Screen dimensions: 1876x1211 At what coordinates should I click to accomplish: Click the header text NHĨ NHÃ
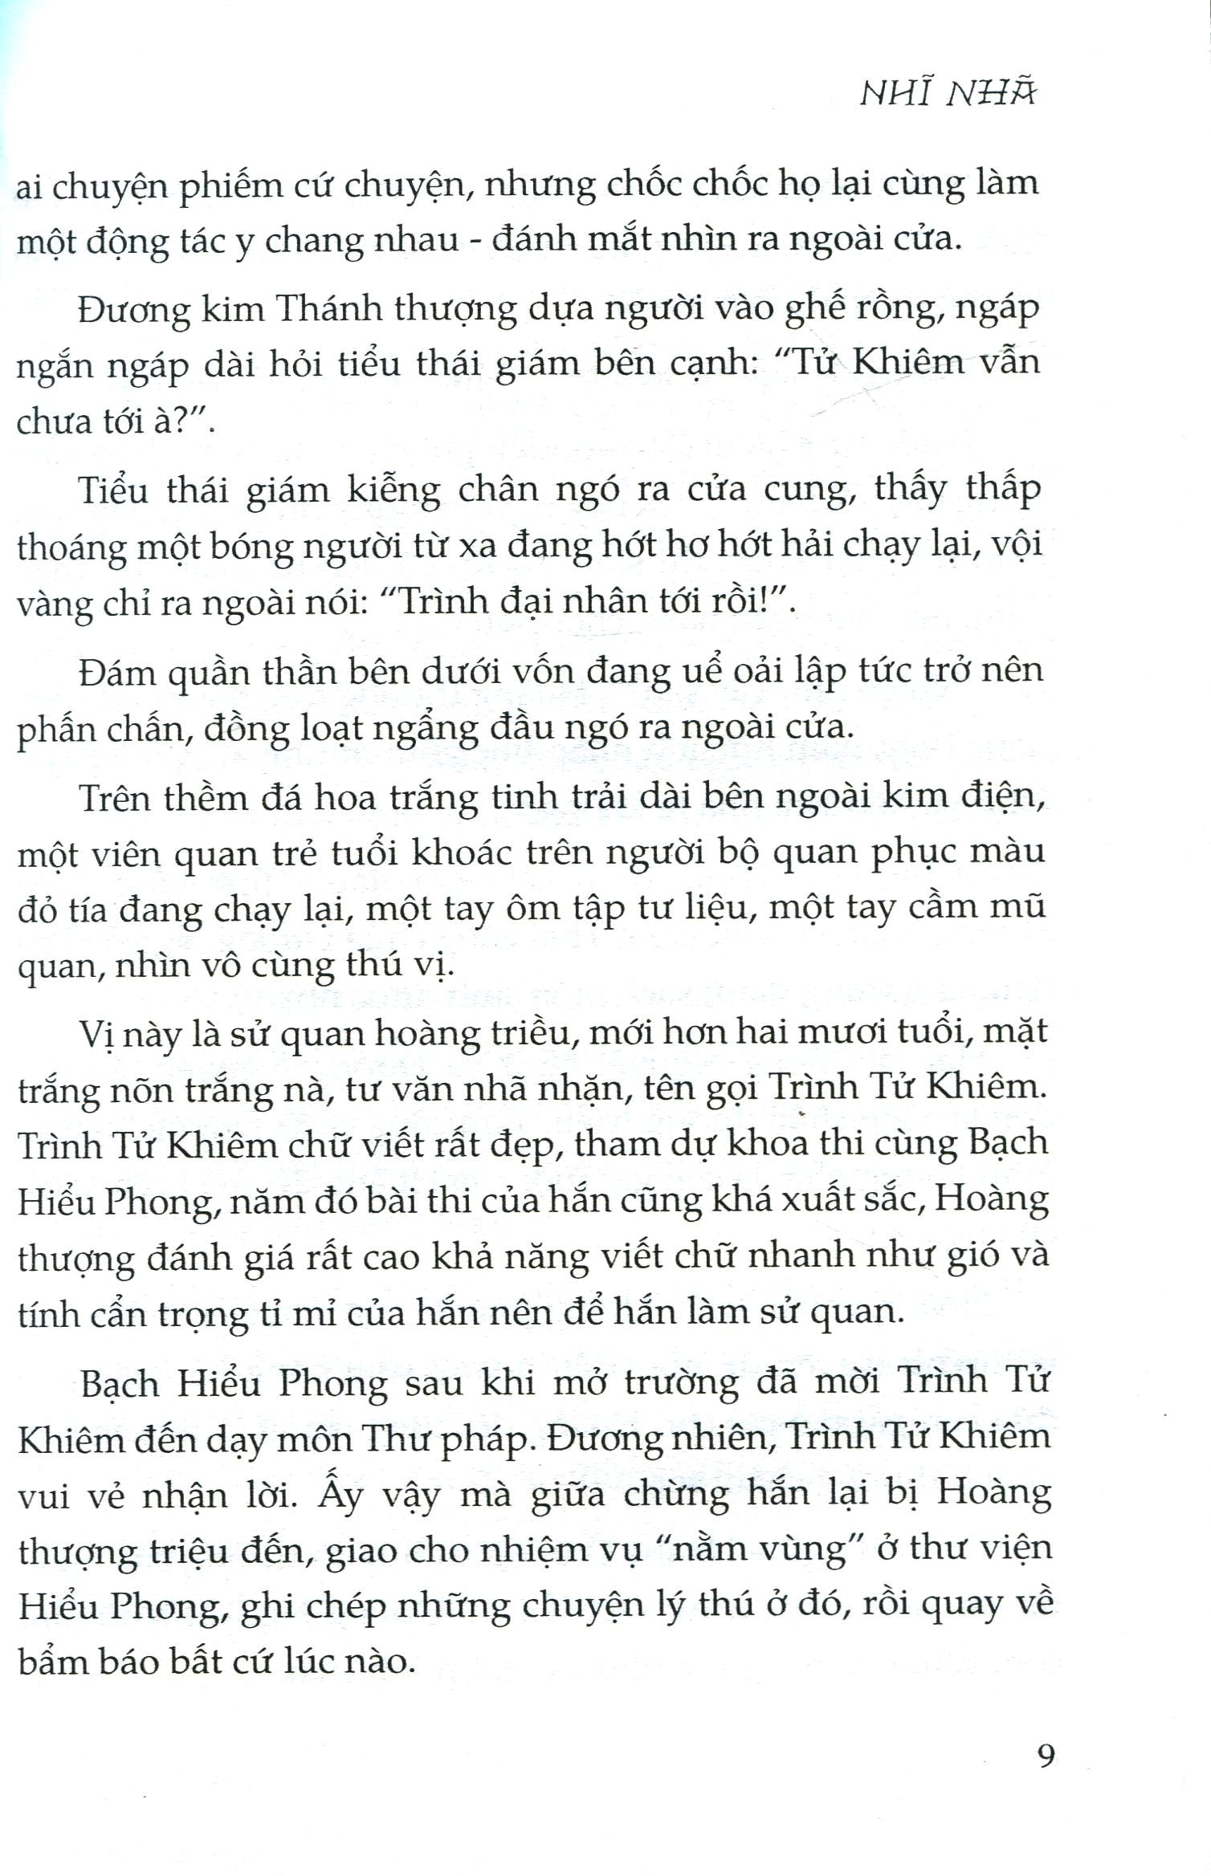coord(948,93)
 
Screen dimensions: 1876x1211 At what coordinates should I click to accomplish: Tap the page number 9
coord(1046,1756)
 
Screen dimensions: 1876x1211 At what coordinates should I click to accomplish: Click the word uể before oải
coord(702,671)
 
